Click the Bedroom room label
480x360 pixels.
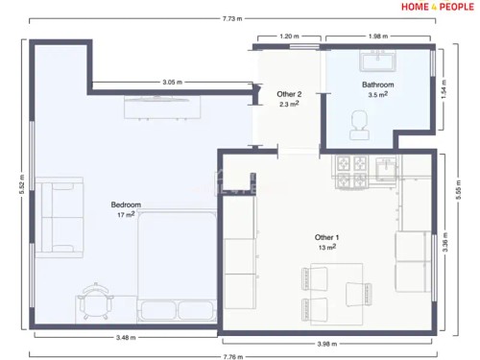click(126, 204)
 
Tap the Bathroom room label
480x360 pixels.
click(377, 85)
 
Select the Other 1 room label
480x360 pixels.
click(326, 237)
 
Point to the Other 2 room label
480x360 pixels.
click(290, 94)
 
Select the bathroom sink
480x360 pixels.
click(377, 61)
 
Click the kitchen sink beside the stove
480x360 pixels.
click(386, 169)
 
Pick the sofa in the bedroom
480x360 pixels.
click(57, 217)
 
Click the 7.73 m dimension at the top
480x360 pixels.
click(232, 18)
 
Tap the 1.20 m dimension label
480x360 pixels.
click(289, 36)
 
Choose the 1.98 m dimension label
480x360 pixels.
click(377, 36)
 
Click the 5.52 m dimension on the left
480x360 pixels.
click(21, 182)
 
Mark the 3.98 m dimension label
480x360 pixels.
click(328, 343)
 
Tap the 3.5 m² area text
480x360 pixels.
click(377, 95)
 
